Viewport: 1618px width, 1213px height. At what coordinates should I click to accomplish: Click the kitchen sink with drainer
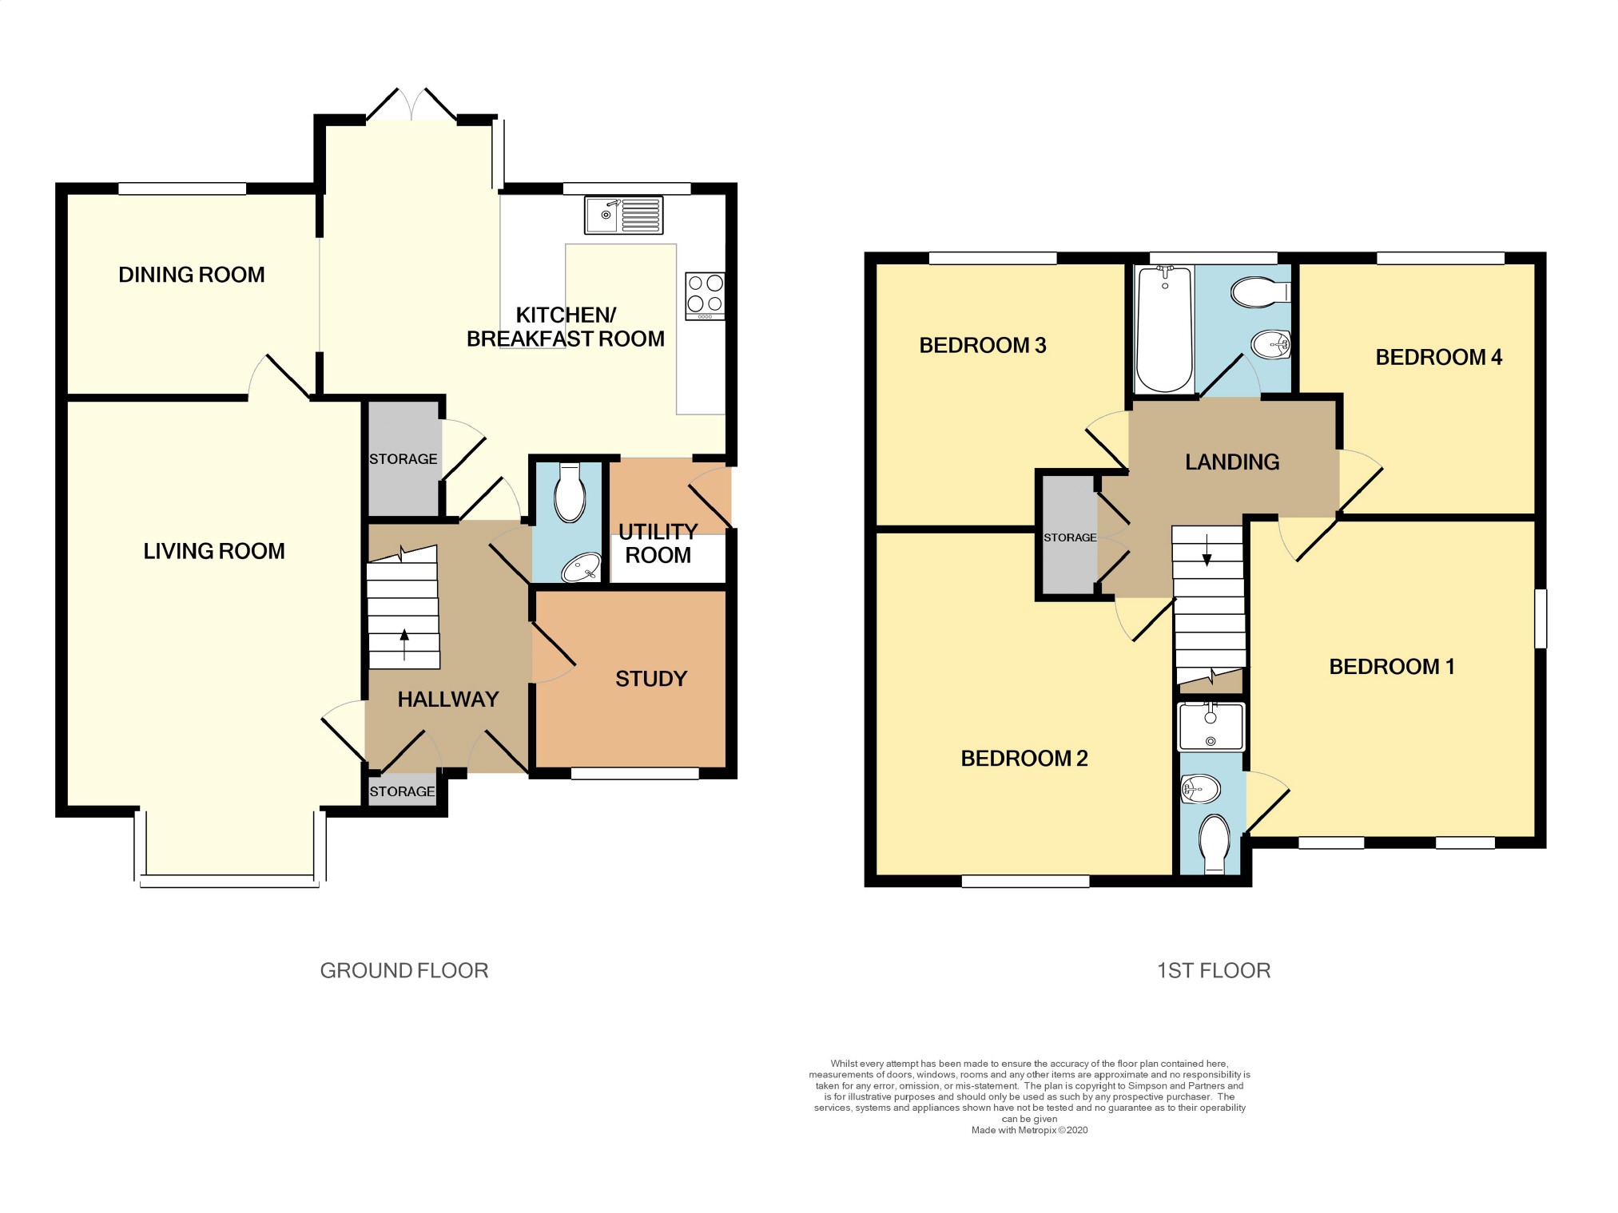(x=623, y=215)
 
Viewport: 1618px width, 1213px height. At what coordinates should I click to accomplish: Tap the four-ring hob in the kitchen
(x=705, y=296)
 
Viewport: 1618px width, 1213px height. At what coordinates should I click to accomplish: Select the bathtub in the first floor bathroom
(x=1164, y=329)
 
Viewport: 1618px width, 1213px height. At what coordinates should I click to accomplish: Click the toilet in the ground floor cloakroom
(x=569, y=492)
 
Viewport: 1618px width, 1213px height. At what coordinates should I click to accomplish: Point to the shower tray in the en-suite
(x=1211, y=727)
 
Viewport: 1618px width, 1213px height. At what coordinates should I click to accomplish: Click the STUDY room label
(x=651, y=679)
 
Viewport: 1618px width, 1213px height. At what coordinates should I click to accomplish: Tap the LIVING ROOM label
(x=214, y=551)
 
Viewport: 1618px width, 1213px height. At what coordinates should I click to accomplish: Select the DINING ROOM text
(x=192, y=275)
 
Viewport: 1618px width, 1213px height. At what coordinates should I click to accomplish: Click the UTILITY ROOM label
(x=658, y=543)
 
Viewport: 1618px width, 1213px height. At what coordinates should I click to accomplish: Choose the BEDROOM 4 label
(x=1438, y=357)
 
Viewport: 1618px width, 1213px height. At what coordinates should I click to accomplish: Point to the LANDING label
(x=1232, y=462)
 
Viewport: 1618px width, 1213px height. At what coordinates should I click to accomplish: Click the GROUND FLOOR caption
(x=404, y=970)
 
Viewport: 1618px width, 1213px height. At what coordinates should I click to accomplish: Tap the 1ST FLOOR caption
(x=1214, y=970)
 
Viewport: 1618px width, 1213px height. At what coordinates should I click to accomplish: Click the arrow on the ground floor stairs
(x=404, y=644)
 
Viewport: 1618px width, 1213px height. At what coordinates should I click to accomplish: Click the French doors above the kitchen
(x=412, y=104)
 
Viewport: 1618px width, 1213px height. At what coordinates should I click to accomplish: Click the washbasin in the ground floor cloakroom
(x=581, y=568)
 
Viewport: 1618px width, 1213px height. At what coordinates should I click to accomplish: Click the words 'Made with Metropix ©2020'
(x=1029, y=1130)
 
